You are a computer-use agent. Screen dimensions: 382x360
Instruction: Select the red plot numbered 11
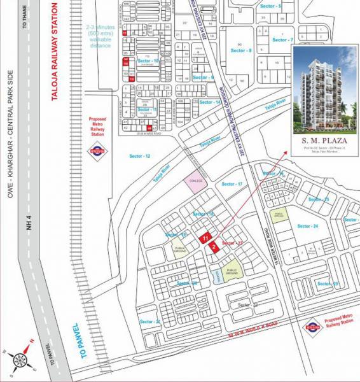coord(205,237)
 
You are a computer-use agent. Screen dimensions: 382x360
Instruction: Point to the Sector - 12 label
coord(140,156)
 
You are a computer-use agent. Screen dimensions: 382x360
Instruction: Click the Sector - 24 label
coord(307,226)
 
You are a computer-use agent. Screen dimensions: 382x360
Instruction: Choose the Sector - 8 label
coord(241,50)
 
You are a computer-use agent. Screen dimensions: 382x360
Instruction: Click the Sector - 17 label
coord(232,184)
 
